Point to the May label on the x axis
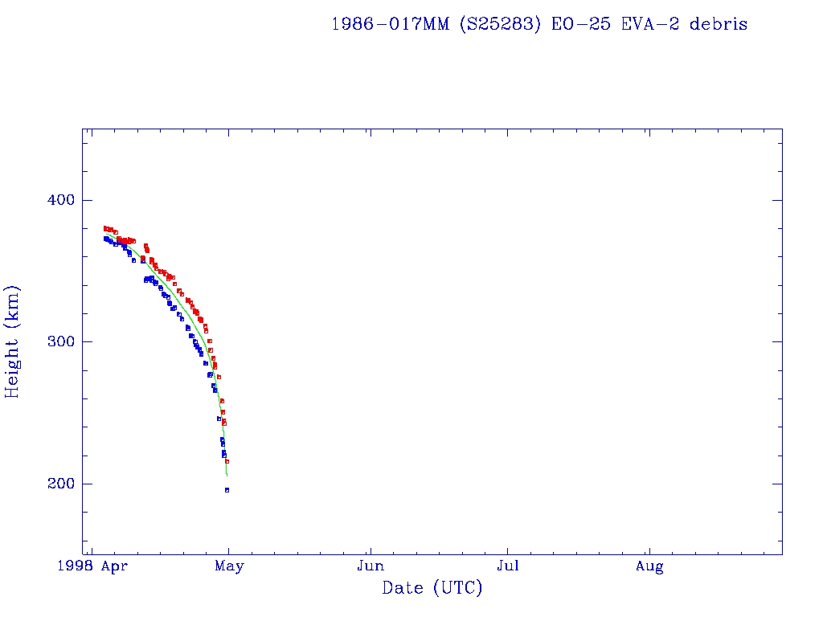click(229, 567)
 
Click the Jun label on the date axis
click(371, 567)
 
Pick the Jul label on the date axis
click(507, 567)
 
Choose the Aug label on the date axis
click(649, 567)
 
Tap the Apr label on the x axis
click(115, 567)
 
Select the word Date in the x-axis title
click(403, 588)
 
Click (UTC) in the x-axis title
click(457, 588)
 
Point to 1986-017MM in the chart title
click(391, 24)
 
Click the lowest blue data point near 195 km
click(227, 490)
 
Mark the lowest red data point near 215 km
click(227, 462)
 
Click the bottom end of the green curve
click(227, 476)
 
